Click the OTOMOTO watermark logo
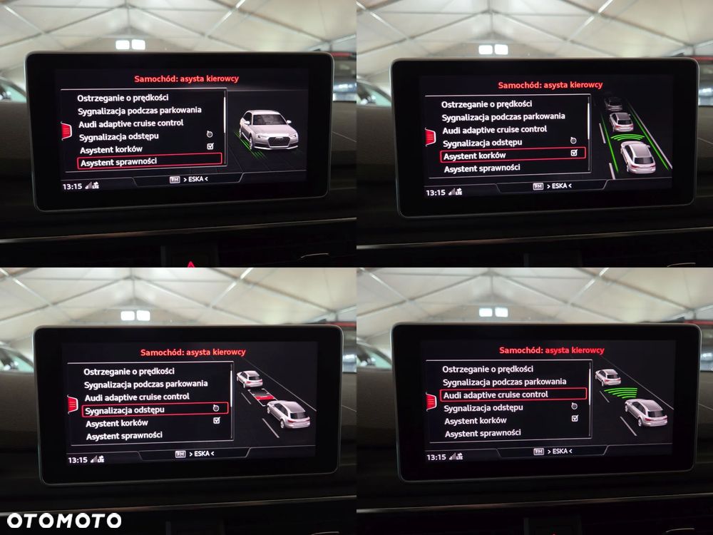(x=64, y=521)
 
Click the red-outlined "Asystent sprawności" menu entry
(x=150, y=161)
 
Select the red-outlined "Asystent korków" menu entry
(x=513, y=155)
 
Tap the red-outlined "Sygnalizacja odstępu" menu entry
(x=155, y=409)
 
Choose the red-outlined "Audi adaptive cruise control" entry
(x=513, y=394)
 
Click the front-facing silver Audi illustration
(x=268, y=130)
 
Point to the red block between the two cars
(x=264, y=397)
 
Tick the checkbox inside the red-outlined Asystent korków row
(x=574, y=153)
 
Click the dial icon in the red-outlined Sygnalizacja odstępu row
(x=216, y=408)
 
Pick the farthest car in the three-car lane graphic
(x=613, y=103)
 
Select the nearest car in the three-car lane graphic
(x=638, y=157)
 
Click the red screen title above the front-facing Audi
(x=186, y=78)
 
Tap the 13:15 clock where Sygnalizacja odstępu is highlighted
(x=77, y=460)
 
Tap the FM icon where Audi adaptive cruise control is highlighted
(x=538, y=452)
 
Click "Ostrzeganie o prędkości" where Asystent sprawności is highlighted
(x=123, y=98)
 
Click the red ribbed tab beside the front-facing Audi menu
(x=66, y=131)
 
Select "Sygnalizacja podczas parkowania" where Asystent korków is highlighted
(x=503, y=117)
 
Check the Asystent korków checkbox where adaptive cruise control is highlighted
(x=575, y=418)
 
